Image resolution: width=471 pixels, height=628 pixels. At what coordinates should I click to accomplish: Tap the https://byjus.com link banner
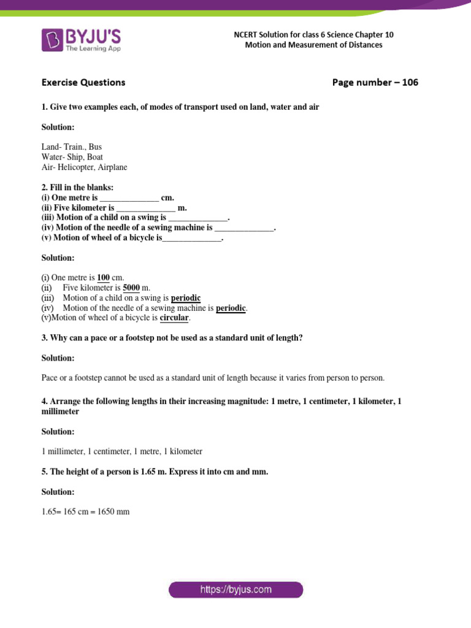coord(235,590)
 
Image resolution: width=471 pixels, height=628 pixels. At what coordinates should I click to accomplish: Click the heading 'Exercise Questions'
coord(83,82)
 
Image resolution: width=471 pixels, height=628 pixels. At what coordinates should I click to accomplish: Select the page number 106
coord(410,82)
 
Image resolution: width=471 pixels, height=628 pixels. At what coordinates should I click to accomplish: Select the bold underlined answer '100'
coord(103,278)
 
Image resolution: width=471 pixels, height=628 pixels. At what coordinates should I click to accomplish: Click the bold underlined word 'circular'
coord(175,318)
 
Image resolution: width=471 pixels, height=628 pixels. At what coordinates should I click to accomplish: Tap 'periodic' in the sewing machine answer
coord(231,308)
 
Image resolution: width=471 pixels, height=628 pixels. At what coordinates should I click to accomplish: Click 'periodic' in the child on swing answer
coord(186,298)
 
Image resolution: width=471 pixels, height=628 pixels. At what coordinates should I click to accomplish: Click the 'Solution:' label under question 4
coord(58,432)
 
